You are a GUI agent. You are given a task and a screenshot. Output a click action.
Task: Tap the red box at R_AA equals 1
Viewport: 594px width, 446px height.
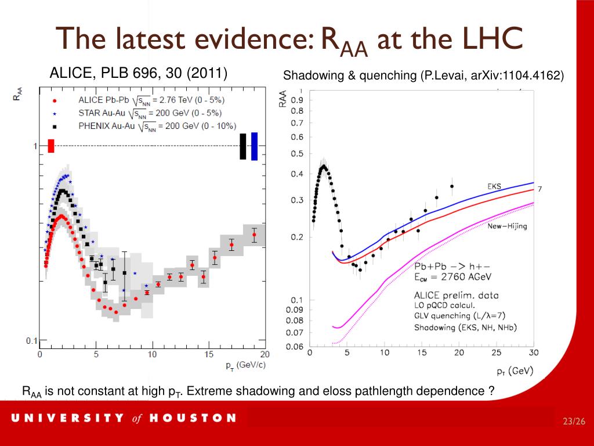pos(51,146)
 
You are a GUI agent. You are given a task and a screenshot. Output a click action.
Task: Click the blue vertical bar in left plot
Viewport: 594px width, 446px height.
pos(254,146)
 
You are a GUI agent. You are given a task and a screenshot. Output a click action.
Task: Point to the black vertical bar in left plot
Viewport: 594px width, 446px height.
pos(243,146)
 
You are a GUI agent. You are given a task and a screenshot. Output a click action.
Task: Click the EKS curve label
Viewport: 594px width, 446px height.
pos(494,186)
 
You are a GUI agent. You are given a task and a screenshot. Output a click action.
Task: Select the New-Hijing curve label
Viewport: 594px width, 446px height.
pos(507,226)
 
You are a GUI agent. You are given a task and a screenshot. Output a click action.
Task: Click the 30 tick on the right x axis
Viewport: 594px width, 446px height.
pos(533,353)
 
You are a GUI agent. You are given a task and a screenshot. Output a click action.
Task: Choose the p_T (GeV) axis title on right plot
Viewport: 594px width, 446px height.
pos(514,371)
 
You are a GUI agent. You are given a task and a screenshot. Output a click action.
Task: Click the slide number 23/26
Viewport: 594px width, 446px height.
pos(573,421)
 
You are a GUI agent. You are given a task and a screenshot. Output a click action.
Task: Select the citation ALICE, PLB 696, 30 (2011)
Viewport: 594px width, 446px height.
pos(138,73)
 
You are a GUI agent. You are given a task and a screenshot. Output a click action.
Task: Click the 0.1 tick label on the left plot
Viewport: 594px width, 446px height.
pos(31,341)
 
